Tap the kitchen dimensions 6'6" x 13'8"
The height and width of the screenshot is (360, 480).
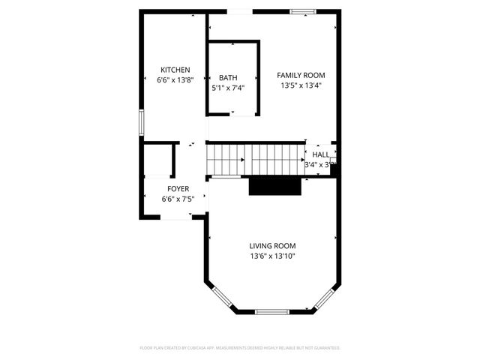click(x=175, y=79)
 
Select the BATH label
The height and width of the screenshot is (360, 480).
click(x=228, y=78)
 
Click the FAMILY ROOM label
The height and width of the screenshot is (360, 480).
click(x=301, y=75)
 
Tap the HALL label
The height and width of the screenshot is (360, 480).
click(x=320, y=154)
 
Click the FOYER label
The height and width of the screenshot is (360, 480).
click(x=178, y=189)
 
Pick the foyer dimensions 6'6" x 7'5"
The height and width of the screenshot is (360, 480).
click(x=178, y=199)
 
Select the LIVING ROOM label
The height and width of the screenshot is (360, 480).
click(x=272, y=246)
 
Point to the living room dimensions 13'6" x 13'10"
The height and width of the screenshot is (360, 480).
click(x=272, y=256)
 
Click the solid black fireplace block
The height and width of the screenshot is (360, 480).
click(x=274, y=186)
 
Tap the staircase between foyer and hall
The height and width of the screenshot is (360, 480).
click(x=255, y=159)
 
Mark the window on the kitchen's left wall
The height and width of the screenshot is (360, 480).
click(x=140, y=123)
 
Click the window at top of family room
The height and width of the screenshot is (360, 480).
click(x=302, y=11)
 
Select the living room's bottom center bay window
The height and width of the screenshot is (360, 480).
click(x=272, y=311)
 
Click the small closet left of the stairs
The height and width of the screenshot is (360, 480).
click(x=158, y=159)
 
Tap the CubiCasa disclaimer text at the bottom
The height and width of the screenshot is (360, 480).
click(x=240, y=348)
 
